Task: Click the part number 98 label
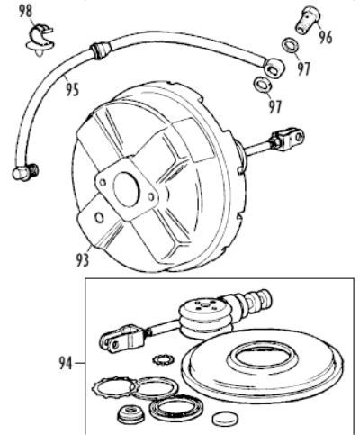coord(25,12)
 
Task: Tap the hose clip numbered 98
coord(40,41)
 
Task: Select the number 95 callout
coord(72,90)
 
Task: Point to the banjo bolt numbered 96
coord(308,20)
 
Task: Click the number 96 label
coord(326,37)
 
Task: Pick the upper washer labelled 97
coord(291,45)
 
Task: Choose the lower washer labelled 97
coord(263,85)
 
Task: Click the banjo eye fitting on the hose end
coord(274,68)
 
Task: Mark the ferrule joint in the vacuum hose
coord(101,50)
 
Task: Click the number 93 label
coord(83,260)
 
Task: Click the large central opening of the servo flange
coord(127,189)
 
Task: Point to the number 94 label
coord(66,363)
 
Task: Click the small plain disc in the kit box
coord(226,418)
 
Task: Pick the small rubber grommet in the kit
coord(131,414)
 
